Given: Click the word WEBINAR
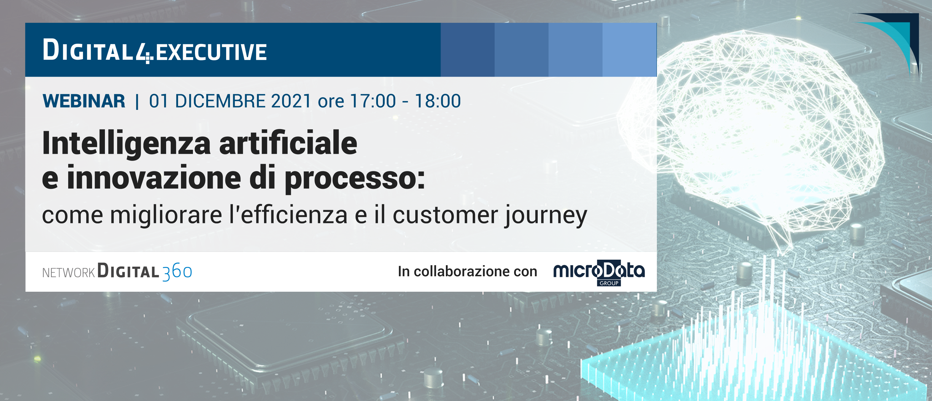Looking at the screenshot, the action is (x=84, y=101).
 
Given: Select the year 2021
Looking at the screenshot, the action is (x=291, y=101).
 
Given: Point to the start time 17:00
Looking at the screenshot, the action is (x=373, y=101).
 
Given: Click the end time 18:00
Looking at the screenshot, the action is (x=438, y=101).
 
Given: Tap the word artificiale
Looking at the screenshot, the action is (x=288, y=143).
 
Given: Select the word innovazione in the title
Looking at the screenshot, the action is (x=154, y=177).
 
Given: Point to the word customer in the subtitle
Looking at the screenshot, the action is (x=445, y=215).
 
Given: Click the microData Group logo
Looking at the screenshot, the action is (x=599, y=272).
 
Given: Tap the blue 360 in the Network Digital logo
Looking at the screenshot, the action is (x=177, y=272).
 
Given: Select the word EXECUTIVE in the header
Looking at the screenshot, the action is (x=211, y=52).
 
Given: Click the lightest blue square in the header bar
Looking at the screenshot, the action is (x=629, y=50).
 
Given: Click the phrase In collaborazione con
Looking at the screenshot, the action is (x=467, y=271).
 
